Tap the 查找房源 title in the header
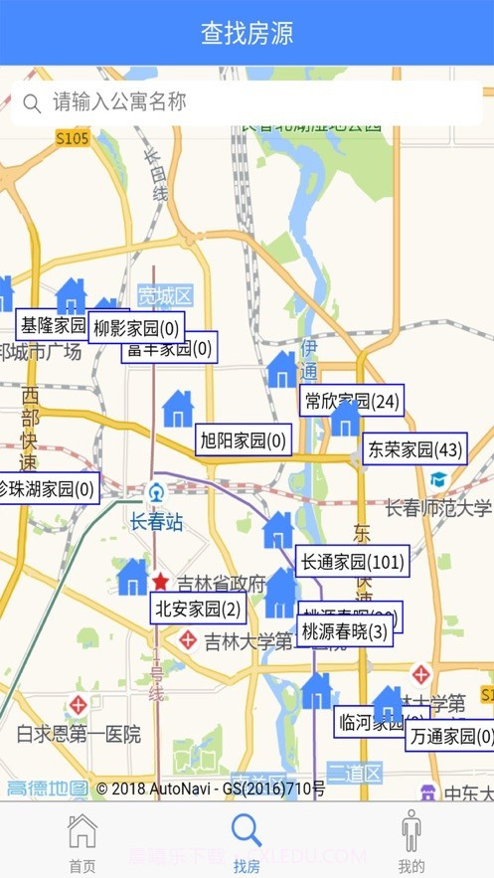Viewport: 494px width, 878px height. point(247,33)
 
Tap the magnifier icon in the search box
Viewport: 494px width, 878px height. point(32,103)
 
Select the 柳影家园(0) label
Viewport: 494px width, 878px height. point(136,327)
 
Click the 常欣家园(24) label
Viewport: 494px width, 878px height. point(352,401)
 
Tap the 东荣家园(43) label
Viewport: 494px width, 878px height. point(414,449)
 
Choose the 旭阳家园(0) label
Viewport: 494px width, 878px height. point(244,439)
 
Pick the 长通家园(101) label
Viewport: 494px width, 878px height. point(352,562)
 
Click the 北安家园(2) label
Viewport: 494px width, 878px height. point(199,609)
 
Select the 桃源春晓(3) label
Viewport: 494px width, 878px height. point(345,631)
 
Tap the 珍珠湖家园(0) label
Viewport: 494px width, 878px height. point(47,488)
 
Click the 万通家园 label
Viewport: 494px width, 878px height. point(450,736)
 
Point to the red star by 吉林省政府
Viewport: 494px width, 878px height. point(160,582)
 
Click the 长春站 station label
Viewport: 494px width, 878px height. point(157,521)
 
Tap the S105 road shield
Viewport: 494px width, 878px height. point(73,138)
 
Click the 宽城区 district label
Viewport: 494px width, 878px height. point(165,295)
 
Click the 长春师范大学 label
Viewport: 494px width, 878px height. point(438,508)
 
